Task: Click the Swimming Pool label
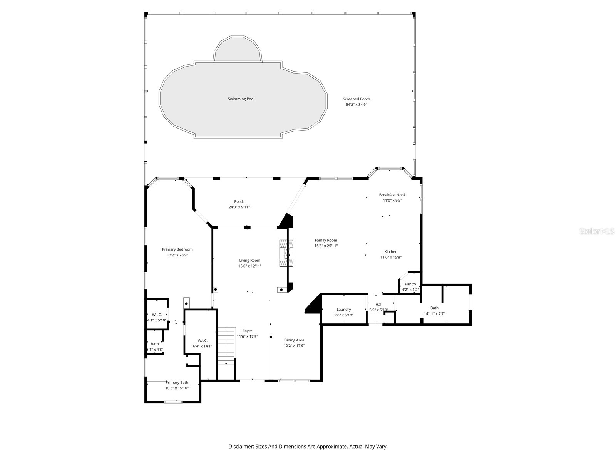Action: tap(241, 99)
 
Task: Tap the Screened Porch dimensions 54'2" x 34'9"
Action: tap(357, 105)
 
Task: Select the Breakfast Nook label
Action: tap(392, 195)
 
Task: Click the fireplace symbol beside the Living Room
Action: tap(286, 253)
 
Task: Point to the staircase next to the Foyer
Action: tap(226, 346)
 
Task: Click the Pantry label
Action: tap(410, 284)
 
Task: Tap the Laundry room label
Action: tap(344, 310)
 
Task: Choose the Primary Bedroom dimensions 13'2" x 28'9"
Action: tap(177, 255)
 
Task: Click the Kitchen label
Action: tap(391, 252)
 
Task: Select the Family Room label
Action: tap(326, 240)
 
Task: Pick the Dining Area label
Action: tap(294, 340)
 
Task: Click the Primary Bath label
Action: tap(177, 382)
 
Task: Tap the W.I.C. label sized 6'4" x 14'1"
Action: tap(203, 340)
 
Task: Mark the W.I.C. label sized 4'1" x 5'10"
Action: tap(157, 315)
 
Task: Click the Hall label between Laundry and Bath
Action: tap(379, 305)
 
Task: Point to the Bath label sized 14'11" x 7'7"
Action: tap(434, 308)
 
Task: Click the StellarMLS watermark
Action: tap(597, 231)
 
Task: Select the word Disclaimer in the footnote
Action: tap(241, 447)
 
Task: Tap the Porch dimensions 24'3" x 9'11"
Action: tap(239, 207)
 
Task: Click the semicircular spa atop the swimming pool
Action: tap(238, 50)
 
